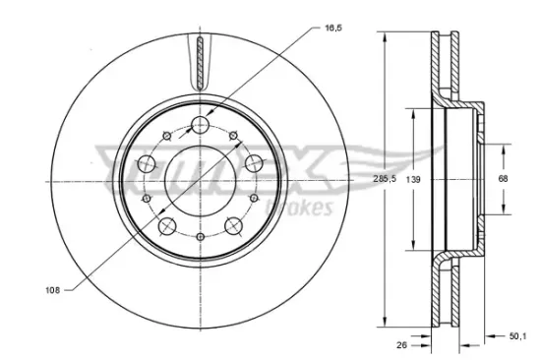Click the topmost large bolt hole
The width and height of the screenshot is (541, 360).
tap(200, 125)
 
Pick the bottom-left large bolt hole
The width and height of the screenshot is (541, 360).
tap(166, 226)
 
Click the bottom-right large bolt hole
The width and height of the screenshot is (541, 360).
tap(233, 226)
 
